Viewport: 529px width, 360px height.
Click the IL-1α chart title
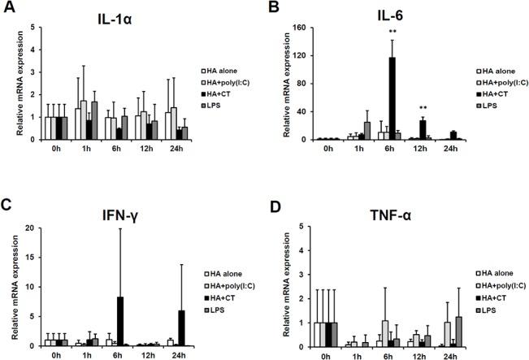point(126,15)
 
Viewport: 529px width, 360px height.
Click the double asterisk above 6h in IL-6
point(392,32)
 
